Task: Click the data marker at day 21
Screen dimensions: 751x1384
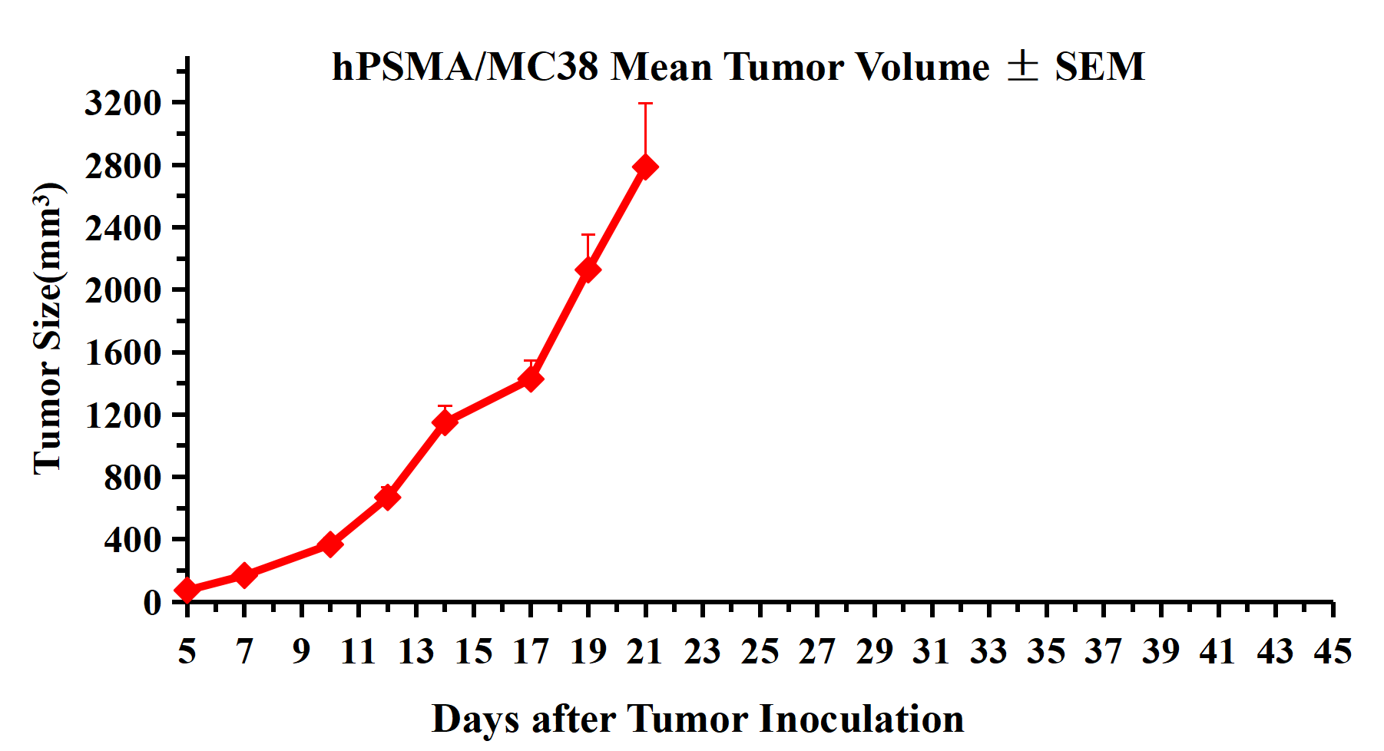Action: point(645,167)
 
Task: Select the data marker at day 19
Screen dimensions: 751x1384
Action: point(588,270)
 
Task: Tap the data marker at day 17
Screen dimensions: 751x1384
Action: point(531,379)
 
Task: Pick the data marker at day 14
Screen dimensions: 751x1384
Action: point(445,422)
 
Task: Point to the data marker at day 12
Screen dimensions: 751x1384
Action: point(388,497)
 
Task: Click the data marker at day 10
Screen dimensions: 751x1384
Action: point(330,544)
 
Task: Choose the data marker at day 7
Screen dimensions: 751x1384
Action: point(244,574)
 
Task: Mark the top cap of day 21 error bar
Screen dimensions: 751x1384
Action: point(645,104)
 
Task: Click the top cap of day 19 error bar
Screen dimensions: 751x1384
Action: point(588,235)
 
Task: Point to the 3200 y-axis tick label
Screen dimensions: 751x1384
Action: point(123,103)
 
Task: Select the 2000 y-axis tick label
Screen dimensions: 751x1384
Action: point(123,290)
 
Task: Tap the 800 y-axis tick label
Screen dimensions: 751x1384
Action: point(133,478)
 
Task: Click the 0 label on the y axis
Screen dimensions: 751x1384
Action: point(152,602)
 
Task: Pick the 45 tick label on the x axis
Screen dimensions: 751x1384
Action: point(1333,652)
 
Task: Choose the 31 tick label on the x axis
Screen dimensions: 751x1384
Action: point(932,652)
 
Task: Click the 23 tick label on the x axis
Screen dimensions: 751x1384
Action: point(702,652)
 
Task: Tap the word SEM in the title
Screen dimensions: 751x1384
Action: point(1099,67)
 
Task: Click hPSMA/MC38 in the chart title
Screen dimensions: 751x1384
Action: point(465,67)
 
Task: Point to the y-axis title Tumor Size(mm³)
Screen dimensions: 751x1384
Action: point(48,329)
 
